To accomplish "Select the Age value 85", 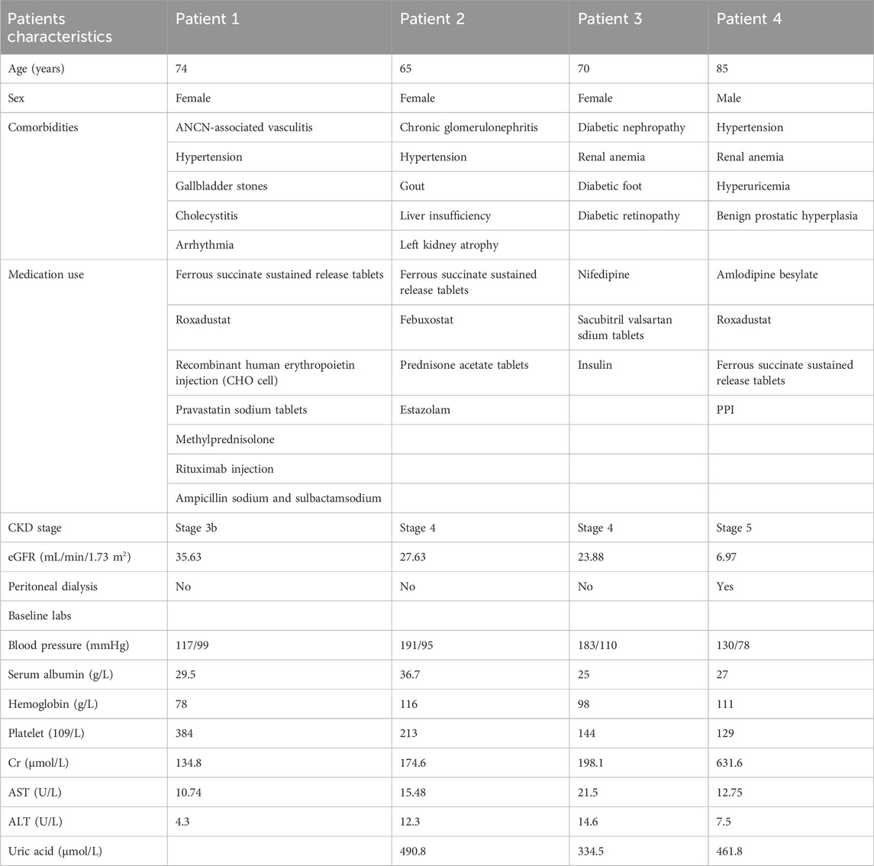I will (723, 69).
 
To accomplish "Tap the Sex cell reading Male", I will (729, 98).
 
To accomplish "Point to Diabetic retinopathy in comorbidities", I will (629, 215).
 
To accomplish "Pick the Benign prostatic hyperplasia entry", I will (785, 215).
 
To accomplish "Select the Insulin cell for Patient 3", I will (595, 365).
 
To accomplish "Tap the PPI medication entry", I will (726, 410).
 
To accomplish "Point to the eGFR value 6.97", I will (729, 557).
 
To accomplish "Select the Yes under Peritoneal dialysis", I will (726, 586).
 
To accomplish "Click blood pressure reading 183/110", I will (598, 645).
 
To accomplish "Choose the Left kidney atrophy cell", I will (446, 245).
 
